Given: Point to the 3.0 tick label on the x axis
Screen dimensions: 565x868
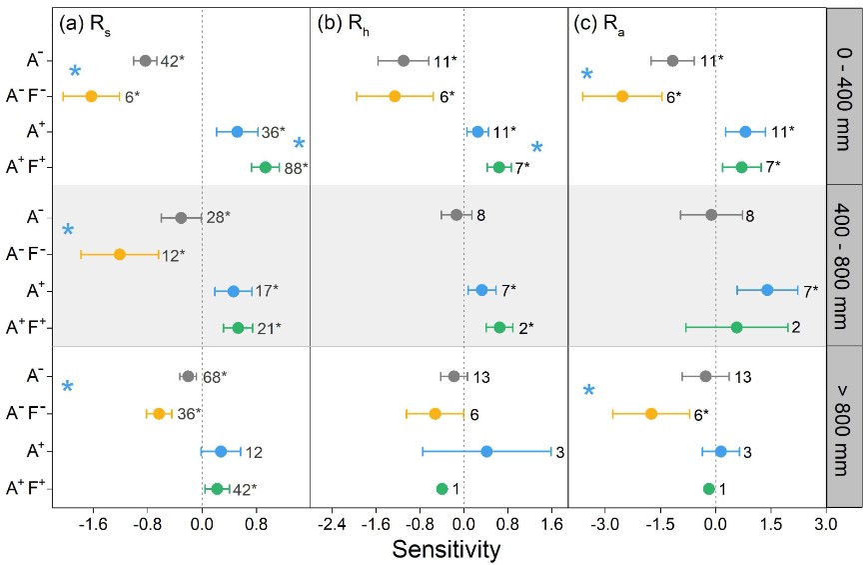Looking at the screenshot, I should tap(825, 522).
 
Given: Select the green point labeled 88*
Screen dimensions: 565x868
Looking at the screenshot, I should tap(266, 167).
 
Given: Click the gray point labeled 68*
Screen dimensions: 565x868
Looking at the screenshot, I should tap(187, 376).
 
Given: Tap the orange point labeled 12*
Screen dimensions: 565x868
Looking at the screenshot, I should tap(120, 254).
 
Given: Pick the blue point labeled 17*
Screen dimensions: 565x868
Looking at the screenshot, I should tap(234, 291).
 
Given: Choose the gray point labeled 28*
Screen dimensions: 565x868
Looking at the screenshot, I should tap(181, 218).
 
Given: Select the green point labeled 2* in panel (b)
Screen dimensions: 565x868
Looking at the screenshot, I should tap(499, 327).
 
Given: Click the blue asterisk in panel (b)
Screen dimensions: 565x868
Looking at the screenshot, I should tap(537, 148).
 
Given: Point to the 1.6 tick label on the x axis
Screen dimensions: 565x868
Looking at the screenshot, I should tap(551, 522).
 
